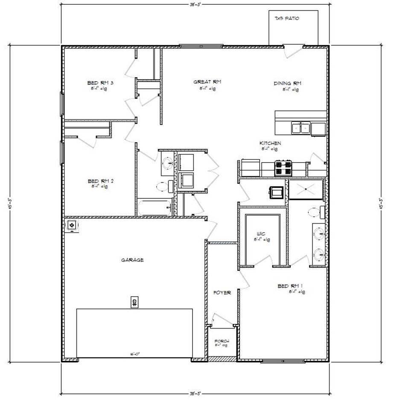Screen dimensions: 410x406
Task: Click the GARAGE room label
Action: click(x=132, y=259)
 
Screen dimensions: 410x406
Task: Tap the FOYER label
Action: click(x=222, y=293)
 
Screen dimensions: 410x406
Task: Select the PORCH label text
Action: click(x=222, y=341)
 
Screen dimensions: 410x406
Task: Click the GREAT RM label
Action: click(x=207, y=82)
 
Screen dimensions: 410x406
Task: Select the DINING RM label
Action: click(x=287, y=83)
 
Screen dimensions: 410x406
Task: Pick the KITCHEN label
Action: click(x=270, y=143)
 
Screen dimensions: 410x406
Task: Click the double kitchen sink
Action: click(x=301, y=128)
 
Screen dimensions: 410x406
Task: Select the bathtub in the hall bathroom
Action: click(x=155, y=208)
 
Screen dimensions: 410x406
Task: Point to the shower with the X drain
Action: click(x=306, y=189)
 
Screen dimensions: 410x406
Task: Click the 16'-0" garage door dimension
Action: click(x=135, y=354)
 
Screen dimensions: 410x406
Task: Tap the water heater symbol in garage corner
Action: click(x=72, y=225)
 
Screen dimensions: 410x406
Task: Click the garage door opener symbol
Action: click(x=134, y=302)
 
